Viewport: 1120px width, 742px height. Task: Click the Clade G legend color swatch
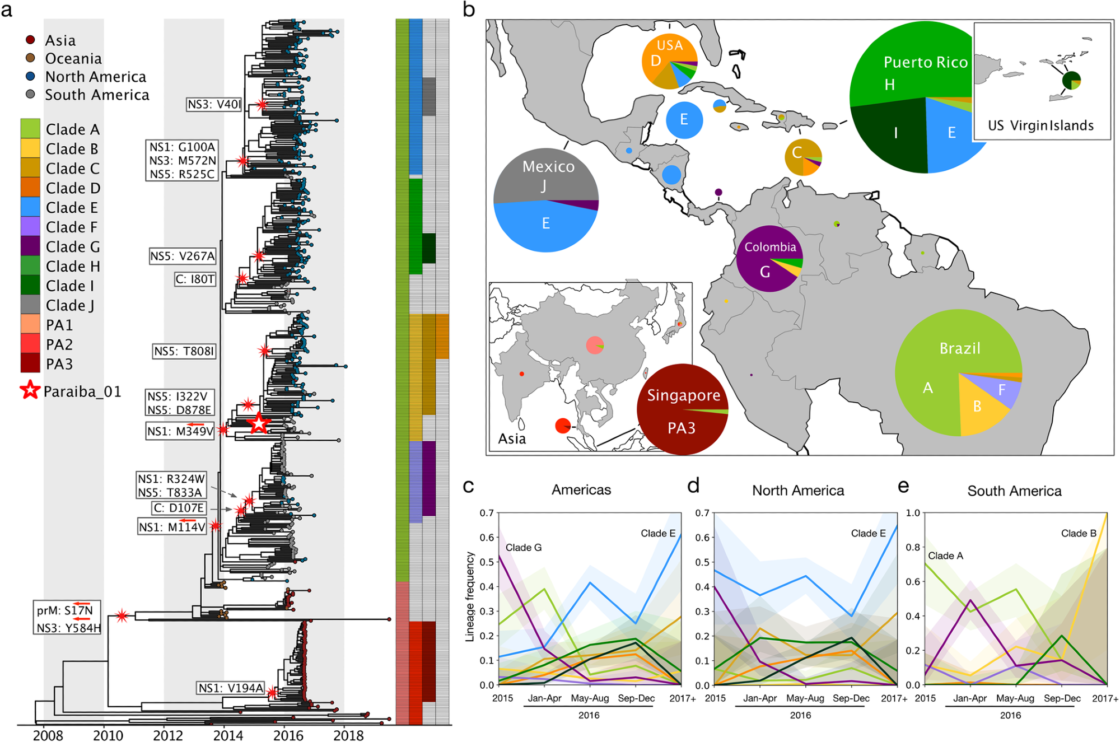point(30,246)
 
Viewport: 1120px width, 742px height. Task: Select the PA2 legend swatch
point(30,344)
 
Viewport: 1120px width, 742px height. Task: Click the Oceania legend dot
point(31,58)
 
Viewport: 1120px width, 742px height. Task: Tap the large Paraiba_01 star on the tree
point(258,424)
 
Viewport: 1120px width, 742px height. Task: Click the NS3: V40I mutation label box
point(214,104)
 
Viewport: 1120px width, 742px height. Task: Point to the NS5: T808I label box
point(184,351)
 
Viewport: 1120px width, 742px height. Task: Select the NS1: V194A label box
point(231,688)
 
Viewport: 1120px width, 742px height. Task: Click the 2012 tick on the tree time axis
point(167,735)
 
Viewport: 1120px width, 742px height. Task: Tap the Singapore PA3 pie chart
point(682,409)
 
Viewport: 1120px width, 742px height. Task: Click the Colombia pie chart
point(769,259)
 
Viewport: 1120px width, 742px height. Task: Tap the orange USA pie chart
point(669,62)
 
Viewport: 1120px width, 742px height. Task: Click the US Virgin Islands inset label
point(1040,125)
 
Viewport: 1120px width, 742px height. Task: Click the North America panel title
point(797,491)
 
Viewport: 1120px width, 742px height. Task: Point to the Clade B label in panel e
point(1078,533)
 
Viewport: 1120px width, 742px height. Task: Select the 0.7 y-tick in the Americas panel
point(487,513)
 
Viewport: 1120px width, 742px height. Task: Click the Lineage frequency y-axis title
point(470,596)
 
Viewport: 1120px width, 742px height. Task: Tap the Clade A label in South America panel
point(945,556)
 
